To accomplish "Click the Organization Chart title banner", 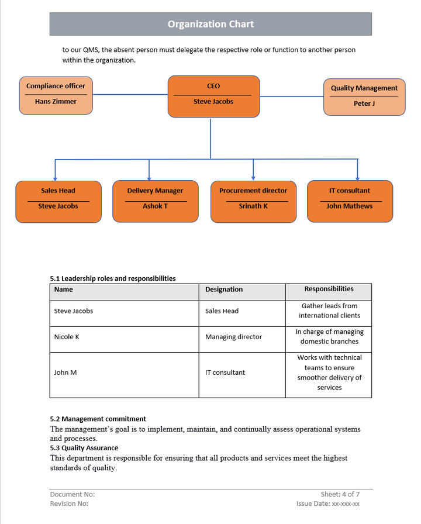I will (x=210, y=24).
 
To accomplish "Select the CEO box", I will (x=213, y=96).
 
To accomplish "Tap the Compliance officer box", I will (x=56, y=95).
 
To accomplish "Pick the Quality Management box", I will (x=364, y=96).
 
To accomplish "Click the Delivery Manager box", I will (x=155, y=201).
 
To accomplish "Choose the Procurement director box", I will (x=253, y=201).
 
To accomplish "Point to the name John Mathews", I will (x=350, y=206).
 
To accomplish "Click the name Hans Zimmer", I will (x=56, y=102).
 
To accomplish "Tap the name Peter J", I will (x=364, y=104).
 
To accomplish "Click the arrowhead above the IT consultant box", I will (x=358, y=178).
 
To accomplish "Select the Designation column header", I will (x=224, y=289).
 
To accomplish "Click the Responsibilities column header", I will (x=329, y=289).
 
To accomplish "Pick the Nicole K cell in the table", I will (x=67, y=337).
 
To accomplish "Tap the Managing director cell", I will (x=233, y=337).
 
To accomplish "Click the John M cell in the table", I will (x=65, y=373).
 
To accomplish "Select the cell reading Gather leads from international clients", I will (x=329, y=311).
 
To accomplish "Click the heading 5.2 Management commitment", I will (x=98, y=419).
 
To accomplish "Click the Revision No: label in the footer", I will (x=69, y=504).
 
